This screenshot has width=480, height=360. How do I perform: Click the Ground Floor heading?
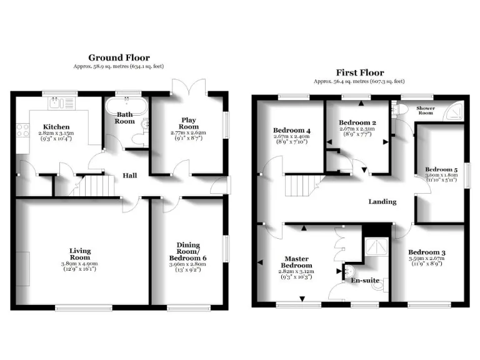pos(119,58)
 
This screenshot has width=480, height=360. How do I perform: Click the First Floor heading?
pos(359,73)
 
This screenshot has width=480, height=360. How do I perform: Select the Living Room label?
pos(79,254)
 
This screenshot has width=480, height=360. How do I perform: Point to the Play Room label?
pos(189,123)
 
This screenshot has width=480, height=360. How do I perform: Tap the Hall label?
pos(129,176)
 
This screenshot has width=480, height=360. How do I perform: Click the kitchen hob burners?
pos(22,130)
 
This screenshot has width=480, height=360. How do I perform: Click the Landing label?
pos(382,202)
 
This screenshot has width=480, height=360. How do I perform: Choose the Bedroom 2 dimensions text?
pos(357,132)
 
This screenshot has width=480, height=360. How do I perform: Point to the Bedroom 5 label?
pos(441,169)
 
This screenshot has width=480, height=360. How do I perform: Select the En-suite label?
pos(365,281)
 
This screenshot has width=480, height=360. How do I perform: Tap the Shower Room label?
pos(426,111)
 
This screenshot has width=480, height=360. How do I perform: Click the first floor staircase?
pos(300,184)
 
